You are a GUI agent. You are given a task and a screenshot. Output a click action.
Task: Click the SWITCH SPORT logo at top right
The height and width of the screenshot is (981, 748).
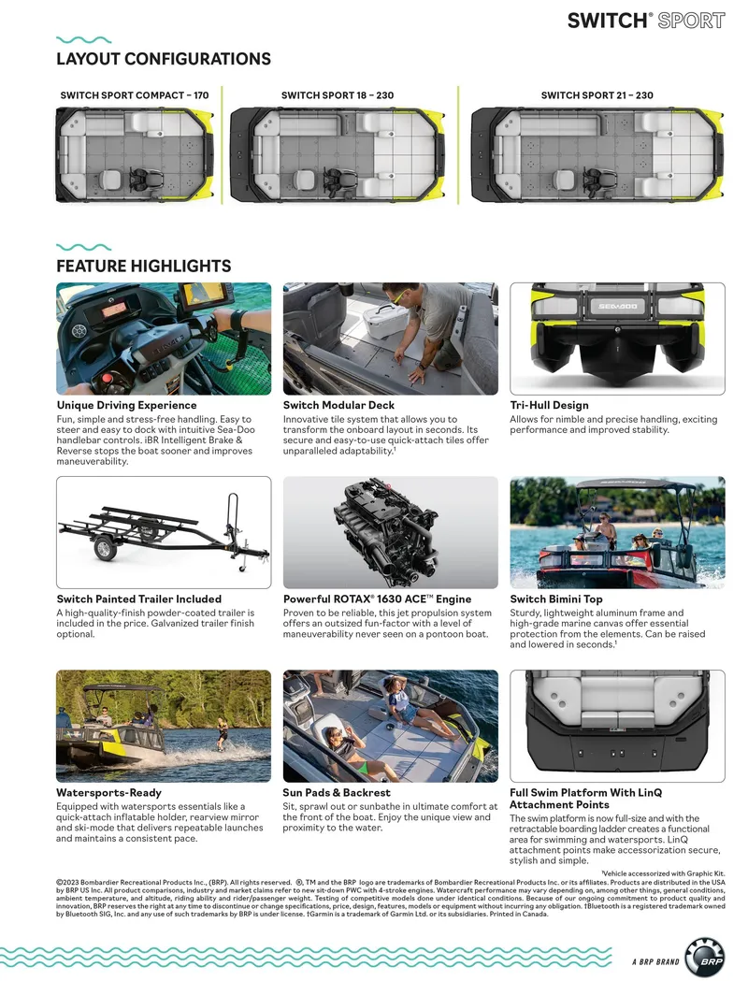click(645, 20)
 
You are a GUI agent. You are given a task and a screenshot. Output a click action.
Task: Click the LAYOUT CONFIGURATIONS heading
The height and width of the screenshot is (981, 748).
click(164, 59)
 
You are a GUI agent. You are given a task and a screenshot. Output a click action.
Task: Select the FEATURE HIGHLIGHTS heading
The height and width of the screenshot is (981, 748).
click(143, 267)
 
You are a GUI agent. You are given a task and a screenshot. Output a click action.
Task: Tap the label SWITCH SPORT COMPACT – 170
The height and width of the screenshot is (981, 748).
click(135, 95)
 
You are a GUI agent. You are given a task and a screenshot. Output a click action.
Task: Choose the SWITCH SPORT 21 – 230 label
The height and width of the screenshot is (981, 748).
click(597, 95)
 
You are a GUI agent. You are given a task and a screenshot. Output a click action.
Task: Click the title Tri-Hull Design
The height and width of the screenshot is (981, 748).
click(549, 406)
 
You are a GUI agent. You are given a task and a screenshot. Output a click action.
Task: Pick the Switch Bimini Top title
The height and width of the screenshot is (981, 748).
click(555, 599)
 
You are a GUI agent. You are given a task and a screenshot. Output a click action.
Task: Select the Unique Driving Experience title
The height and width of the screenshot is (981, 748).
click(126, 406)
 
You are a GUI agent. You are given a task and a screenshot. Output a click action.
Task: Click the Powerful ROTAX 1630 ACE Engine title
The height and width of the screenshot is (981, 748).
click(377, 599)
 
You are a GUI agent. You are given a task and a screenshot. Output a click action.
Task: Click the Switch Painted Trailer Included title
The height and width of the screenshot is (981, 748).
click(138, 599)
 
